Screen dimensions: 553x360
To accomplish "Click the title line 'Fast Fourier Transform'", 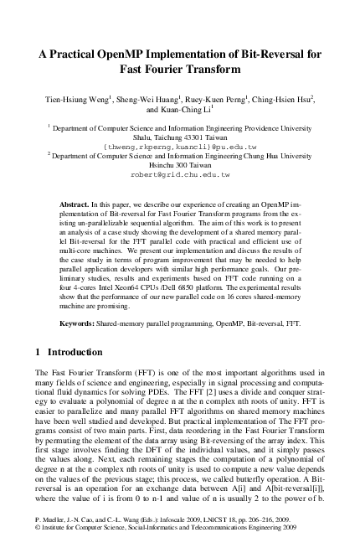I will point(179,70).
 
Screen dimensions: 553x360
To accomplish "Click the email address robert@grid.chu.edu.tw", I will point(179,175).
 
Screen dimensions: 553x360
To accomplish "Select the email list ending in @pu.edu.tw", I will point(179,147).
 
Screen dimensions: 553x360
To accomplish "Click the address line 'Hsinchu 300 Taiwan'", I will point(179,166).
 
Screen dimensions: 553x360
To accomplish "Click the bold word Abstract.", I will point(76,204).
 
